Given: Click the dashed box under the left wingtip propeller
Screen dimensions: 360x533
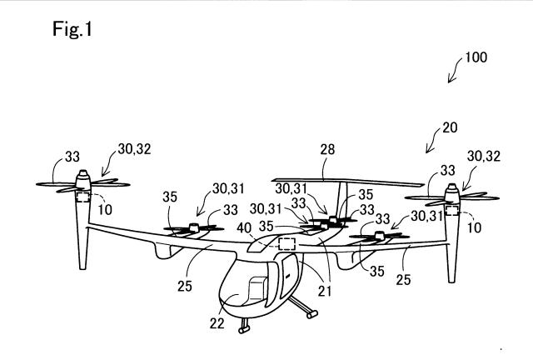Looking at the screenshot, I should coord(83,197).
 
